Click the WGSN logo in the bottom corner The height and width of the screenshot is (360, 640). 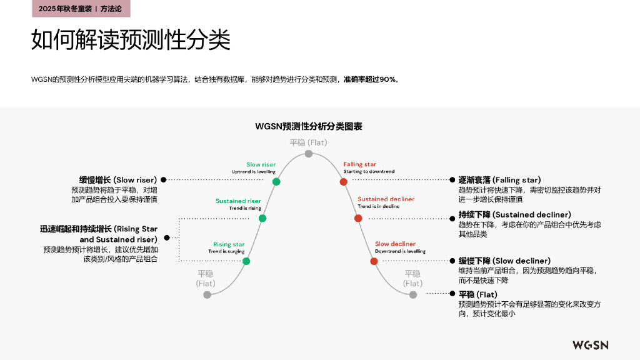tap(590, 345)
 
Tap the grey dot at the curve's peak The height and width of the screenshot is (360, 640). tap(309, 154)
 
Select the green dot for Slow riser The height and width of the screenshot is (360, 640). tap(276, 182)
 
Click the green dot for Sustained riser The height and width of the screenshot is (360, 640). tap(262, 218)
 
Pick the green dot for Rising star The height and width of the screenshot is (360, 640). tap(246, 261)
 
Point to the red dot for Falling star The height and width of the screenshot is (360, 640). tap(344, 182)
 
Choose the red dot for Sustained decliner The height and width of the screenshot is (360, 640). tap(358, 218)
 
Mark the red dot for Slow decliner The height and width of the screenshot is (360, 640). tap(374, 261)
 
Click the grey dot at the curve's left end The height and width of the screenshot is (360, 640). tap(207, 295)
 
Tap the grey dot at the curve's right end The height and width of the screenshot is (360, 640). tap(413, 295)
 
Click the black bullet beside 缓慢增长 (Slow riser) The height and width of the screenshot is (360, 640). tap(164, 179)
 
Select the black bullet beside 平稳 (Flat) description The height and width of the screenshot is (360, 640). tap(452, 294)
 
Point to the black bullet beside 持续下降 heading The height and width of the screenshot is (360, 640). tap(452, 219)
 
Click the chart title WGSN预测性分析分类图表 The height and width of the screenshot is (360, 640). tap(309, 126)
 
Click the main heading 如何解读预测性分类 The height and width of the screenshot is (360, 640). tap(131, 39)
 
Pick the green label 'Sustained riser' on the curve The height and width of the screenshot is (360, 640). tap(238, 201)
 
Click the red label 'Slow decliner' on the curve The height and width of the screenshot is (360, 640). tap(395, 244)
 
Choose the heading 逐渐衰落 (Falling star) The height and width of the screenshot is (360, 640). tap(499, 180)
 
